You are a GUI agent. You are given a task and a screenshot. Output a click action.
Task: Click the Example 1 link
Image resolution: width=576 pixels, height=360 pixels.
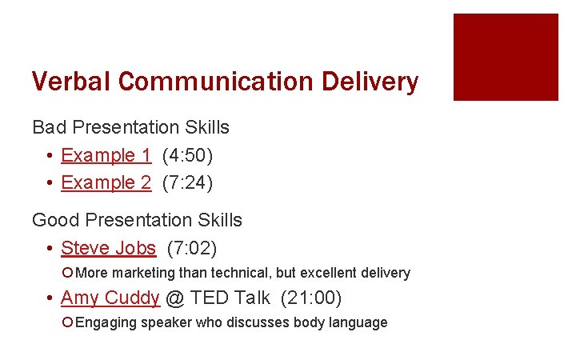coord(106,155)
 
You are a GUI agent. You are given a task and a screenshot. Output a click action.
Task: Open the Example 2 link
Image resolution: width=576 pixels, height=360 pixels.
coord(106,182)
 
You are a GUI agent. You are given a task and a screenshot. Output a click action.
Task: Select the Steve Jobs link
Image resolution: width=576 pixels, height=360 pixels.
coord(108,248)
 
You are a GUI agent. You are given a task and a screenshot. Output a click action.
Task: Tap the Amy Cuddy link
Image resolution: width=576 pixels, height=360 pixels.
coord(110,298)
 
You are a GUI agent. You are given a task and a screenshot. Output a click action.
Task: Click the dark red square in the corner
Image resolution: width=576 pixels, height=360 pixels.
coord(506,57)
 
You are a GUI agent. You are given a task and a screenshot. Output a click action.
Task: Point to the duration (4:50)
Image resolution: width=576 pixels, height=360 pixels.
coord(187,155)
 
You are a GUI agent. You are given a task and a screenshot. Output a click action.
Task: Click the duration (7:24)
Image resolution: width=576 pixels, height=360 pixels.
coord(187,182)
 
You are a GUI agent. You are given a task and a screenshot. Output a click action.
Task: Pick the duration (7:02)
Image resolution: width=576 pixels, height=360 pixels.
coord(192,248)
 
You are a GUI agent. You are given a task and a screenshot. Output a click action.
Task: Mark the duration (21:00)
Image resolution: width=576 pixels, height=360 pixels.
coord(311,298)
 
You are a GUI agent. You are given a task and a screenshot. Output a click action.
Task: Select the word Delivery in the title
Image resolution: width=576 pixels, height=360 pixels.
coord(370,82)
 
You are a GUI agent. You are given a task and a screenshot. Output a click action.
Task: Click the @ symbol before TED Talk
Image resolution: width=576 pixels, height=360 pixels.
coord(175,298)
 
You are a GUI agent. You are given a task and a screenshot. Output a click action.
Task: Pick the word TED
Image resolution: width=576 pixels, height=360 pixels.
coord(211,298)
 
